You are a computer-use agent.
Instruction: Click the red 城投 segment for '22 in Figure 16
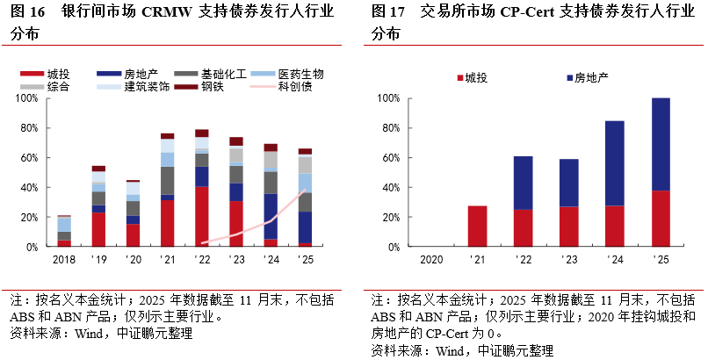(201, 216)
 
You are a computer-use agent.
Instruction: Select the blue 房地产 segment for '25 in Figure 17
(661, 144)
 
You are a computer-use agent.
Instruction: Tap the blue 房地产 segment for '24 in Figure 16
(271, 216)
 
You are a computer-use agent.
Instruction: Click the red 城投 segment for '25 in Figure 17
(661, 219)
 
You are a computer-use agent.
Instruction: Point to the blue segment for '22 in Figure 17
(523, 183)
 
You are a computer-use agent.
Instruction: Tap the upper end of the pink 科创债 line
(304, 191)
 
